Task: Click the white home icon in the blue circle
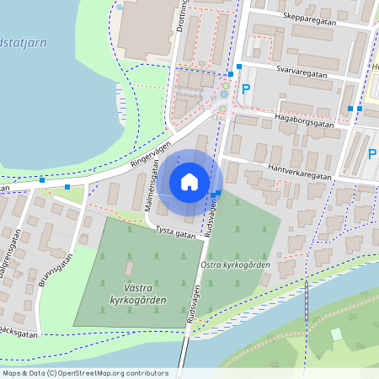click(189, 182)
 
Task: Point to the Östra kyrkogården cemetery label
click(235, 265)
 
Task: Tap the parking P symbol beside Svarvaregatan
click(246, 88)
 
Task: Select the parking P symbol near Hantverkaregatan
click(371, 154)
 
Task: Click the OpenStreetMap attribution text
click(84, 373)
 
